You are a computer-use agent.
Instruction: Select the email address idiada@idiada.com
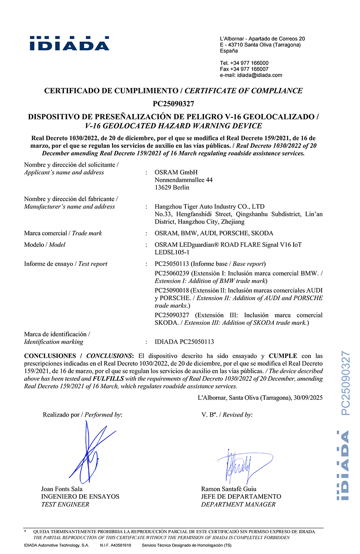[260, 75]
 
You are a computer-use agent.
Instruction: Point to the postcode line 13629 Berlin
[172, 187]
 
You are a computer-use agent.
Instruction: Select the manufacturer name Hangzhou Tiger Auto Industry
[210, 207]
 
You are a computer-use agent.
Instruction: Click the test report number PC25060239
[172, 274]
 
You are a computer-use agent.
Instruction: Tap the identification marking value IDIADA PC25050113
[184, 342]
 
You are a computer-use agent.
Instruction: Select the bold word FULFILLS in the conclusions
[108, 379]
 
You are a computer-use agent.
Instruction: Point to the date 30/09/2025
[307, 398]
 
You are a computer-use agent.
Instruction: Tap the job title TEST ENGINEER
[65, 504]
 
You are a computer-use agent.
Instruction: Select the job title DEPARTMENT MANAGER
[238, 504]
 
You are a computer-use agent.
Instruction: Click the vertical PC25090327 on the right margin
[346, 383]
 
